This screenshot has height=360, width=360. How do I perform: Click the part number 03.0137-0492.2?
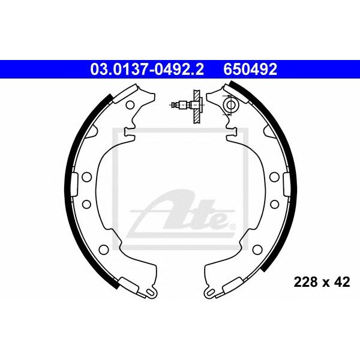(147, 70)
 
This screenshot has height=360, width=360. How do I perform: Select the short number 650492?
(250, 70)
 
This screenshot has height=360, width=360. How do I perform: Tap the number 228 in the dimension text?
(304, 282)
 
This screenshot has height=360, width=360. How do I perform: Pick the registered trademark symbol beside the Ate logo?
(233, 227)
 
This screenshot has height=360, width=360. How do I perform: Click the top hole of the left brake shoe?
(130, 105)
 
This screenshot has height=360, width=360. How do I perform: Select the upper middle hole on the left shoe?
(86, 177)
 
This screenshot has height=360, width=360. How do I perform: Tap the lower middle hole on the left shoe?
(86, 204)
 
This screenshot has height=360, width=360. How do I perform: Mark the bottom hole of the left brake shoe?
(104, 250)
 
